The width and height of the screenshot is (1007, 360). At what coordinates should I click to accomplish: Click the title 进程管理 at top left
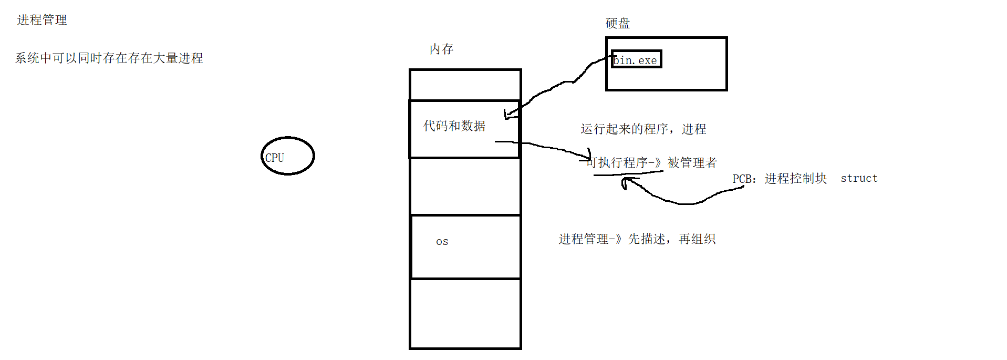pyautogui.click(x=42, y=20)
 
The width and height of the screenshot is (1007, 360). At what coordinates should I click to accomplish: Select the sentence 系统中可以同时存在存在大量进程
pyautogui.click(x=109, y=58)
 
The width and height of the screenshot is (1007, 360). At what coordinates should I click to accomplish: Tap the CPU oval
pyautogui.click(x=287, y=156)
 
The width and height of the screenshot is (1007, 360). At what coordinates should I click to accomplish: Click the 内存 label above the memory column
pyautogui.click(x=441, y=49)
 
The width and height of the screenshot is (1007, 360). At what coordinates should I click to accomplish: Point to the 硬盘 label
pyautogui.click(x=617, y=24)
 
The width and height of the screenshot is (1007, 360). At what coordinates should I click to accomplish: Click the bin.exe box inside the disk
pyautogui.click(x=636, y=59)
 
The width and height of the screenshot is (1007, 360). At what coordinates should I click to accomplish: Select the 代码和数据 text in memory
pyautogui.click(x=454, y=126)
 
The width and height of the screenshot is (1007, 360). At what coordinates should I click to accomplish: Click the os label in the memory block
pyautogui.click(x=442, y=242)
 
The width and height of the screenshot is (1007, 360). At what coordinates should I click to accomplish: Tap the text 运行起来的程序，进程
pyautogui.click(x=643, y=129)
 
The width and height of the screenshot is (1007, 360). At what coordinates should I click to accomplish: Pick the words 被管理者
pyautogui.click(x=692, y=163)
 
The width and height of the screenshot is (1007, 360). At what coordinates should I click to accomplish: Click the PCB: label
pyautogui.click(x=744, y=179)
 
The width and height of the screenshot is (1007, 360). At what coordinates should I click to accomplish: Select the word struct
pyautogui.click(x=859, y=179)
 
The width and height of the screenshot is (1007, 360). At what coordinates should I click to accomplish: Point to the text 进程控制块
pyautogui.click(x=795, y=179)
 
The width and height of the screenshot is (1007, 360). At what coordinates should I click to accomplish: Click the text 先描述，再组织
pyautogui.click(x=672, y=239)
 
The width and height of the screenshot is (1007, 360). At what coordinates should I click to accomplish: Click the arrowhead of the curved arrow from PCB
pyautogui.click(x=625, y=182)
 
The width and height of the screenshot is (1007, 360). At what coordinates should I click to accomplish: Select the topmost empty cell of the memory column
pyautogui.click(x=465, y=85)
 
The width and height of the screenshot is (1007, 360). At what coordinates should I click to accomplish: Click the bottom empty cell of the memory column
pyautogui.click(x=465, y=313)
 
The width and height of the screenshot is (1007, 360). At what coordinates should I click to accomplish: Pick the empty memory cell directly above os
pyautogui.click(x=465, y=186)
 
